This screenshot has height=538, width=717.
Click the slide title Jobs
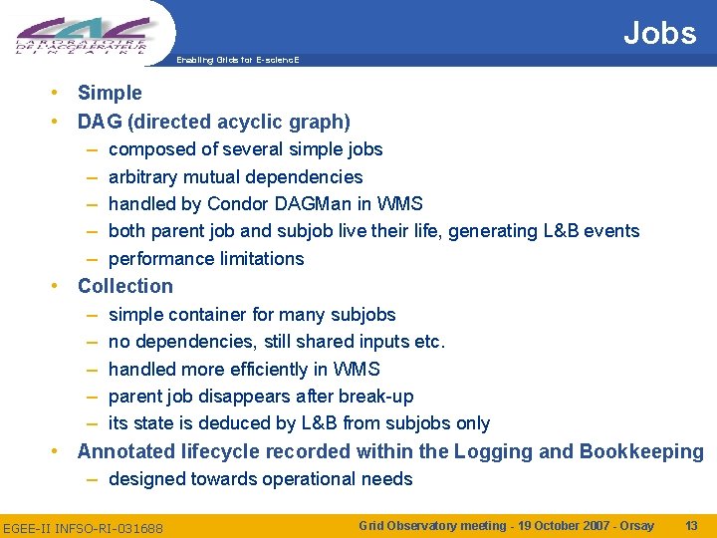659,33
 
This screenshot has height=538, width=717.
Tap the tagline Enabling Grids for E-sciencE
237,61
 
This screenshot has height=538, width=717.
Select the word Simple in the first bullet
110,93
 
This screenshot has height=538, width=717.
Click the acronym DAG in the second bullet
100,122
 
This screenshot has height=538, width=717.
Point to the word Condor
234,203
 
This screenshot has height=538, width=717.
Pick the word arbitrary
141,176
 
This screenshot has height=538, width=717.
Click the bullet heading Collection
124,286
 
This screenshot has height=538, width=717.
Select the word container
206,314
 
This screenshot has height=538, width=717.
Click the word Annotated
126,451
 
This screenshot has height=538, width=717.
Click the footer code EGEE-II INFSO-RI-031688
84,526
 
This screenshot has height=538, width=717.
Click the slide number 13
691,525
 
